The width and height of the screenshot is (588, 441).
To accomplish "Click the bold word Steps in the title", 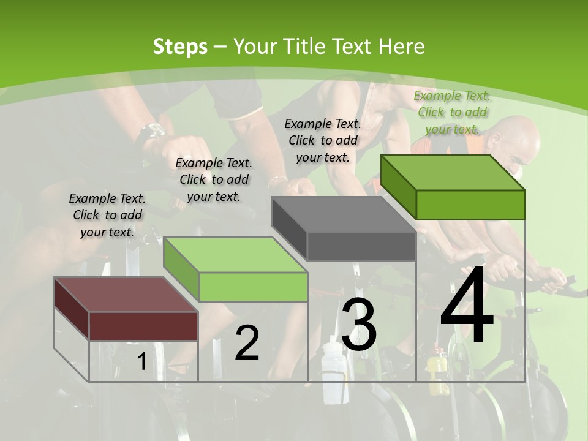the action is [x=180, y=47].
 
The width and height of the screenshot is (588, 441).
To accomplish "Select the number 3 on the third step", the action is [x=359, y=325].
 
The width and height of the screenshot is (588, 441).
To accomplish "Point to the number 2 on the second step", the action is [x=247, y=343].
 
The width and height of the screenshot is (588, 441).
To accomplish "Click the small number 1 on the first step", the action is [x=141, y=362].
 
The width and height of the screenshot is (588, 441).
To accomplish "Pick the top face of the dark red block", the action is [x=126, y=295].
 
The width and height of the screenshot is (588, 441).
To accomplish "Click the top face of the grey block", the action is [x=344, y=214].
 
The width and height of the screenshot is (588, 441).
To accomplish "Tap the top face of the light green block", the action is [x=235, y=255].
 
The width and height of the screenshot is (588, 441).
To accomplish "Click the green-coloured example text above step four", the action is [x=452, y=112].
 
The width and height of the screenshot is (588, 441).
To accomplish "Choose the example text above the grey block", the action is [x=323, y=140].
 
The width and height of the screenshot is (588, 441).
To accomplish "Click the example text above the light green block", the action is [x=214, y=179].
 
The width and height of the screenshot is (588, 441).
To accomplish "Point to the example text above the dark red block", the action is [x=107, y=215].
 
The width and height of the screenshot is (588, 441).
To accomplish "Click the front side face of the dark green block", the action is [x=470, y=205].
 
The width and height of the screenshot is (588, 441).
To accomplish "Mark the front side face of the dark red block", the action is [x=143, y=326].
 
